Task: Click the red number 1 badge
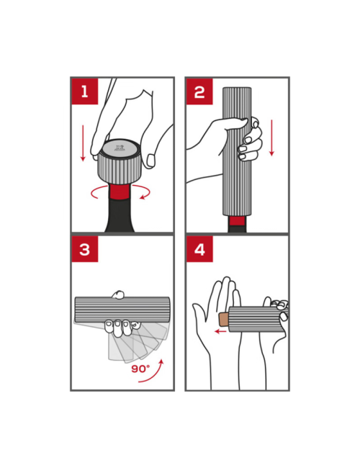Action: point(85,91)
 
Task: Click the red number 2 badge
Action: point(199,91)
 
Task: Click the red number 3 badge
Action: point(85,249)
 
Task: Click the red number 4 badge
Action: point(199,249)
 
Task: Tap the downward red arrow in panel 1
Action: point(83,143)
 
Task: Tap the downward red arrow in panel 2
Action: point(271,138)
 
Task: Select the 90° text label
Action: point(140,369)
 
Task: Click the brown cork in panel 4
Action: point(224,320)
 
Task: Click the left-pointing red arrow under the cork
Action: point(220,331)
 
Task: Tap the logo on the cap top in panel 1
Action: point(120,148)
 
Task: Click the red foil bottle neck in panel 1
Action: point(120,192)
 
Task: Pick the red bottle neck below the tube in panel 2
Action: point(238,220)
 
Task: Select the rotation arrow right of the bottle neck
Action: point(142,192)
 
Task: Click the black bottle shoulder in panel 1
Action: point(120,215)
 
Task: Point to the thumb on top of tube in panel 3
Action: point(118,294)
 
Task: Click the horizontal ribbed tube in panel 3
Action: point(122,310)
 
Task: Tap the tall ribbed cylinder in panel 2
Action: point(238,151)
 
